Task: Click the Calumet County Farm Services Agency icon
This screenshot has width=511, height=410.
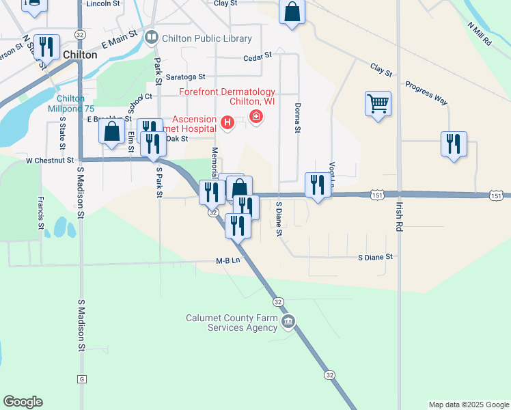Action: pos(288,321)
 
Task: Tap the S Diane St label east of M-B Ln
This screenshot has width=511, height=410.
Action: pos(376,257)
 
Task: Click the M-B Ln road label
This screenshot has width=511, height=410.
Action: pos(229,260)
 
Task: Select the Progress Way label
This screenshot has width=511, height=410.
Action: pos(426,93)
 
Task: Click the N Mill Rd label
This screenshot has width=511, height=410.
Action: pos(480,33)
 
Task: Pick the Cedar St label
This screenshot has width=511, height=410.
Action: pos(258,54)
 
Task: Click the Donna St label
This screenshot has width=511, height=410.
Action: pos(298,118)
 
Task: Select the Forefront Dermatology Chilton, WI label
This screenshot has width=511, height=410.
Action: pos(227,96)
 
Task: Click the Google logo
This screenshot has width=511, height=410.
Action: pos(23,402)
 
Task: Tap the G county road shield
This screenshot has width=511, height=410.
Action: pos(82,379)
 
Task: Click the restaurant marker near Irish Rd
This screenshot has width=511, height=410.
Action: pos(453,144)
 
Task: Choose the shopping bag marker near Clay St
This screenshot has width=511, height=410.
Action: pos(292,12)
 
